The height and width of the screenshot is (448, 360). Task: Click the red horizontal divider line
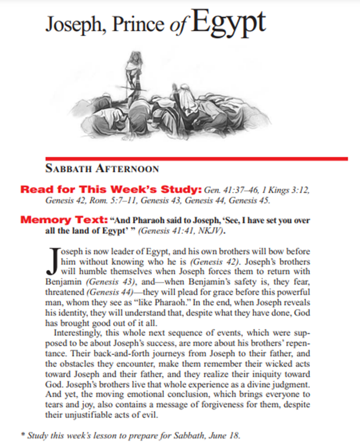(x=197, y=159)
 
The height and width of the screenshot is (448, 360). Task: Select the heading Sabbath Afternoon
(x=102, y=168)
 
